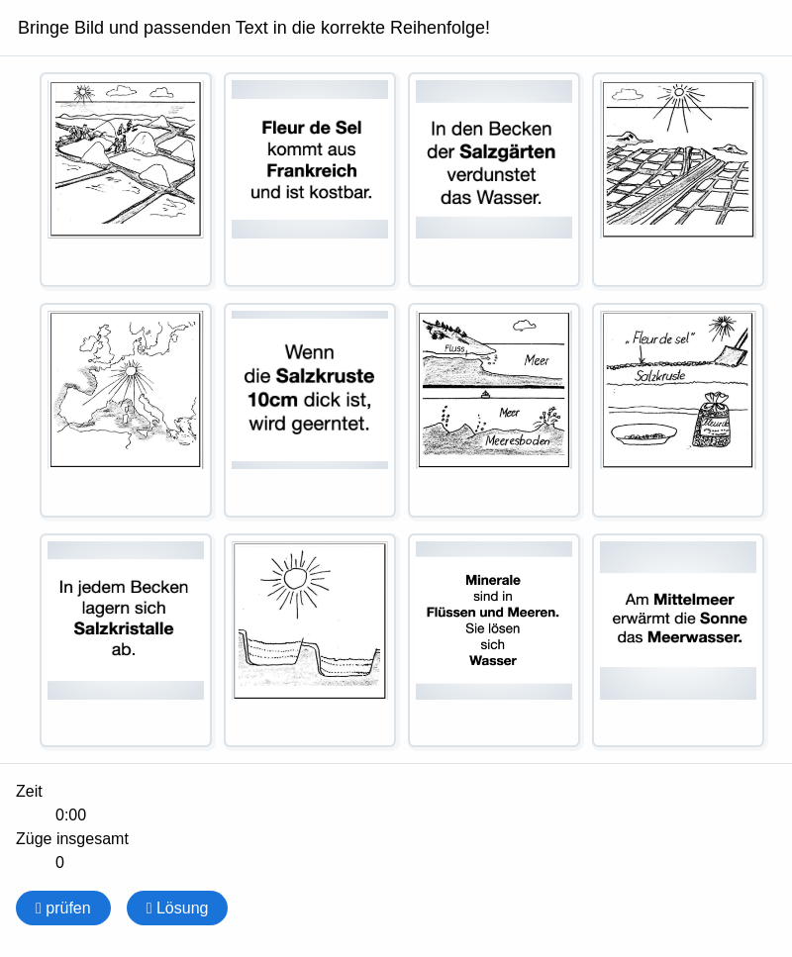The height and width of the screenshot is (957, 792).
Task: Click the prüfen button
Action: coord(63,908)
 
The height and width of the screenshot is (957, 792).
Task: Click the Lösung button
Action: coord(177,908)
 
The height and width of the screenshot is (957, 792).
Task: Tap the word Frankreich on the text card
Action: coord(311,170)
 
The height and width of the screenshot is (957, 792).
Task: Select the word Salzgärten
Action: coord(507,151)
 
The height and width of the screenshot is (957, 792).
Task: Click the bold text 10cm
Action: coord(272,399)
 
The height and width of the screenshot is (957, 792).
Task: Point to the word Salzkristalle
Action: coord(124,628)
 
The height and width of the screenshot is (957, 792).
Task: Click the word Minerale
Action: coord(493,580)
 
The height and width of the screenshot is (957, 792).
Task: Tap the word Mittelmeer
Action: coord(693,599)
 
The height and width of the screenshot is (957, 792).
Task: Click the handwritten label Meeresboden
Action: coord(517,441)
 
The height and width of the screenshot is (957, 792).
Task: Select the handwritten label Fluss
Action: coord(454,348)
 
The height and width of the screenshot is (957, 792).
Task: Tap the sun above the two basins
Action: coord(295,578)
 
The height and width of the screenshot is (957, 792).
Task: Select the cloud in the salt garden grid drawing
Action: coord(629,95)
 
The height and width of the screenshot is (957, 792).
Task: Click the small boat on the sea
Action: coord(484,394)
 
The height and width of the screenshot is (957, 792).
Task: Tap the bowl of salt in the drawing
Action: coord(643,431)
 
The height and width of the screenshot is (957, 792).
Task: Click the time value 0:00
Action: coord(70,815)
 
